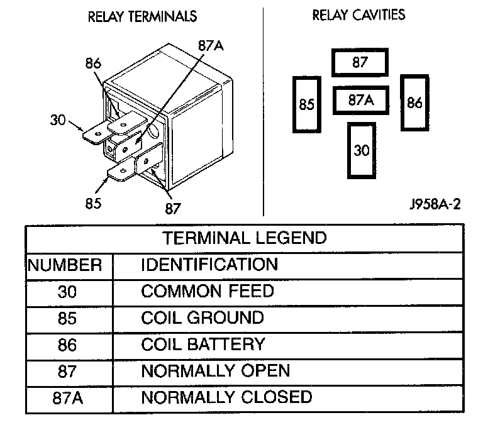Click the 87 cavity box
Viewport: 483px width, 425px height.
pyautogui.click(x=360, y=62)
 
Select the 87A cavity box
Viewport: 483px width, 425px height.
pyautogui.click(x=360, y=99)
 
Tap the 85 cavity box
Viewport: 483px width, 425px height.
pyautogui.click(x=306, y=104)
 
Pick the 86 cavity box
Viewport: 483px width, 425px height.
pyautogui.click(x=414, y=102)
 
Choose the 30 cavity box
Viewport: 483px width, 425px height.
pyautogui.click(x=361, y=151)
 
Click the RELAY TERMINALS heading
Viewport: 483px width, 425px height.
pyautogui.click(x=142, y=17)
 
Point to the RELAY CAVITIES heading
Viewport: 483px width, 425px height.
pyautogui.click(x=359, y=14)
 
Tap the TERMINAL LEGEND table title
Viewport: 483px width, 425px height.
pyautogui.click(x=245, y=238)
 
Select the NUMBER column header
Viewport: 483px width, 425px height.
pyautogui.click(x=65, y=265)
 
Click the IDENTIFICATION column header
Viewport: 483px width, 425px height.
pyautogui.click(x=209, y=264)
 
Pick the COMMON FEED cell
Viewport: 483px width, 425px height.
pyautogui.click(x=208, y=291)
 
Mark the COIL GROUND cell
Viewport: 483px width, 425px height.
pyautogui.click(x=203, y=317)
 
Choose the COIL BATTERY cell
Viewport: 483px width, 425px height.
pyautogui.click(x=203, y=345)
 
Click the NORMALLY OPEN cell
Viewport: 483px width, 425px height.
pyautogui.click(x=216, y=371)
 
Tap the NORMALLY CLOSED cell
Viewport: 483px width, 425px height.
pyautogui.click(x=226, y=397)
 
